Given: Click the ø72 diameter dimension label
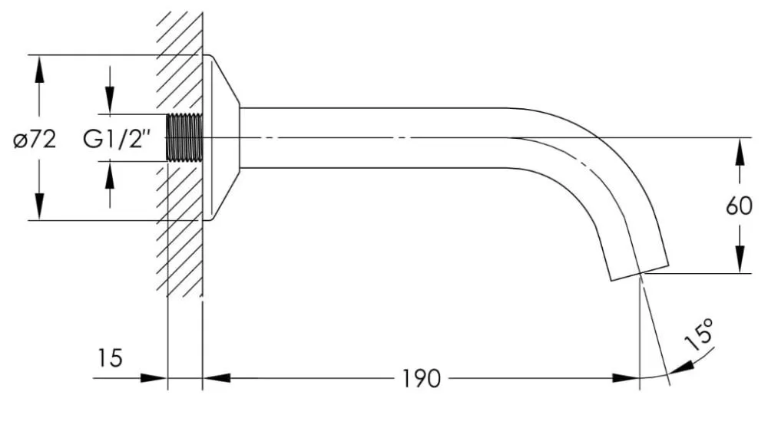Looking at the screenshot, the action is click(x=35, y=140).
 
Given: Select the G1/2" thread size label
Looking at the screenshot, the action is click(x=116, y=140).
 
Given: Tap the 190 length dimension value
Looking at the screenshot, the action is click(x=421, y=379).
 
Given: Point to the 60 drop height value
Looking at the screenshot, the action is click(x=739, y=206).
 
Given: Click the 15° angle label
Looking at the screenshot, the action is click(x=700, y=334).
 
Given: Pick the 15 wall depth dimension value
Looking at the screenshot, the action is click(x=110, y=358).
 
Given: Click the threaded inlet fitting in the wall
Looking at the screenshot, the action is click(x=184, y=137).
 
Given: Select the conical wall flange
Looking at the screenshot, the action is click(x=221, y=137).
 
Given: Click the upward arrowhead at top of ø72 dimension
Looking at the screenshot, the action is click(x=39, y=68).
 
